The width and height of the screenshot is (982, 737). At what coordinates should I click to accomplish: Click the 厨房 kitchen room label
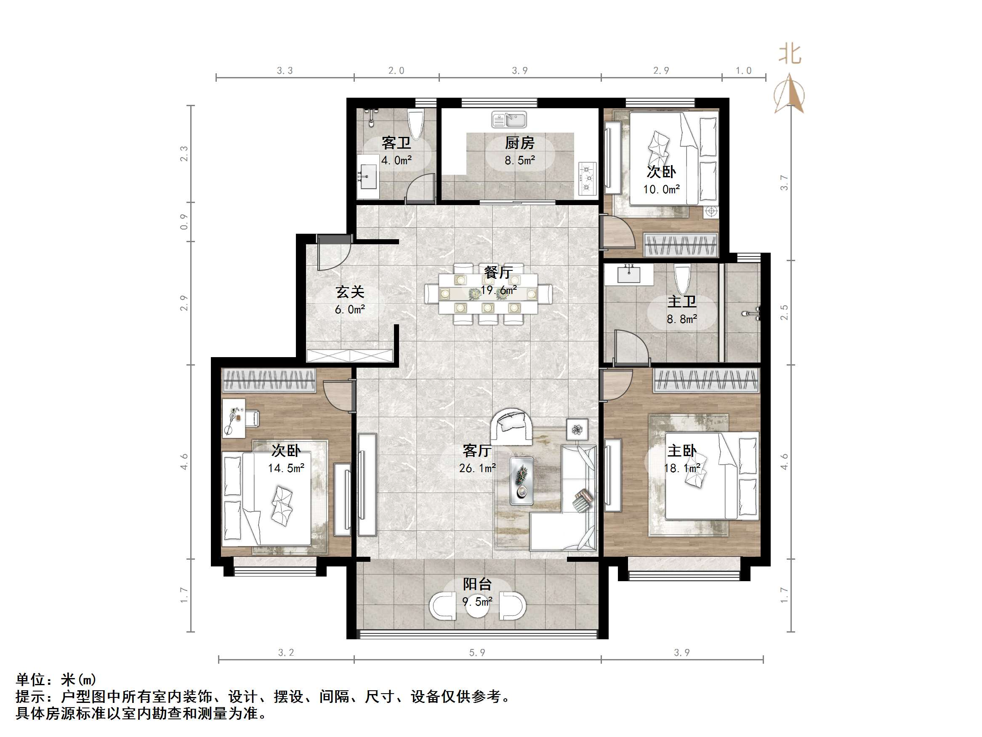(519, 143)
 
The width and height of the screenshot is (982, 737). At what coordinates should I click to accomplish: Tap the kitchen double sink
(509, 120)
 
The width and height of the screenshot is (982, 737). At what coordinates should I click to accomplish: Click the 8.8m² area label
(681, 319)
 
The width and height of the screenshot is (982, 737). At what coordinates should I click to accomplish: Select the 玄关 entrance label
(350, 292)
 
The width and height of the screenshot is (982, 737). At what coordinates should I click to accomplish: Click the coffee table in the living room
(521, 481)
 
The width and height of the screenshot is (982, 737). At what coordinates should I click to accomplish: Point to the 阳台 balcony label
(477, 584)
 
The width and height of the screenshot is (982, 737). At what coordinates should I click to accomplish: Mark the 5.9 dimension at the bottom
(477, 653)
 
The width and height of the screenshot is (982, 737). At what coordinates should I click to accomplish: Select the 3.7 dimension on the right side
(785, 183)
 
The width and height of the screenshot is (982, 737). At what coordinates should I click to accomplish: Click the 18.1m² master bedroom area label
(681, 468)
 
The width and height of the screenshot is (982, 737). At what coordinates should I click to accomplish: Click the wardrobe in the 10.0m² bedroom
(681, 245)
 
